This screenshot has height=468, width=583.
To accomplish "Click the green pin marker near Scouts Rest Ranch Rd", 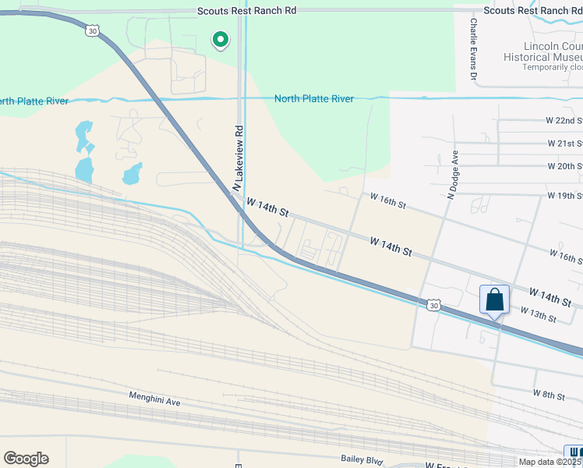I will (x=221, y=39).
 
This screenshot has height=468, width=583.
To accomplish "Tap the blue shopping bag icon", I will (x=494, y=300).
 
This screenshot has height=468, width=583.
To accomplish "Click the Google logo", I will (x=26, y=459).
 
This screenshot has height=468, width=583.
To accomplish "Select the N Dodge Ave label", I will (x=450, y=175).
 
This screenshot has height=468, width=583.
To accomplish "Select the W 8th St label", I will (x=549, y=395).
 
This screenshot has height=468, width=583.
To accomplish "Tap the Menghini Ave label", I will (x=154, y=399).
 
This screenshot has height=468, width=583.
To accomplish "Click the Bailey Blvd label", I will (x=362, y=460).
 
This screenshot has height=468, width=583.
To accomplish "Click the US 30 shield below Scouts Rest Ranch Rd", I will (x=93, y=30).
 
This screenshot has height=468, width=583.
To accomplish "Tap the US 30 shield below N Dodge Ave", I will (x=434, y=305).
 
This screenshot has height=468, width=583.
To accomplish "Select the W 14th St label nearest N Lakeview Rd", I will (x=267, y=207).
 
